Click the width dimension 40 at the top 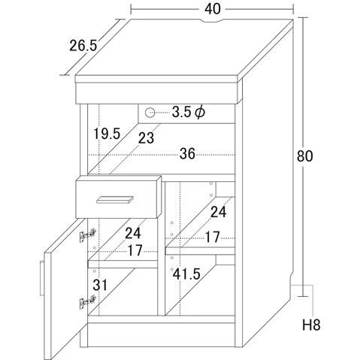[213, 9]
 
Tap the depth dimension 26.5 [83, 46]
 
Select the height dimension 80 [305, 156]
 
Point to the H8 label [311, 325]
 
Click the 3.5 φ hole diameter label [189, 112]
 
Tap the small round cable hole [150, 112]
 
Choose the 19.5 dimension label [107, 134]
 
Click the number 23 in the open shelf [146, 138]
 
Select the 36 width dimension [187, 153]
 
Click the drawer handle [115, 200]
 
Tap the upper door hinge [88, 234]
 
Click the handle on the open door [42, 278]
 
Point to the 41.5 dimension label [186, 274]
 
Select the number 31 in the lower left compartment [100, 285]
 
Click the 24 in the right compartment [219, 212]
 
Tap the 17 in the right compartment [213, 237]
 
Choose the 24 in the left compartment [133, 233]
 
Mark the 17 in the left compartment [135, 250]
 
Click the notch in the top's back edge [212, 21]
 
